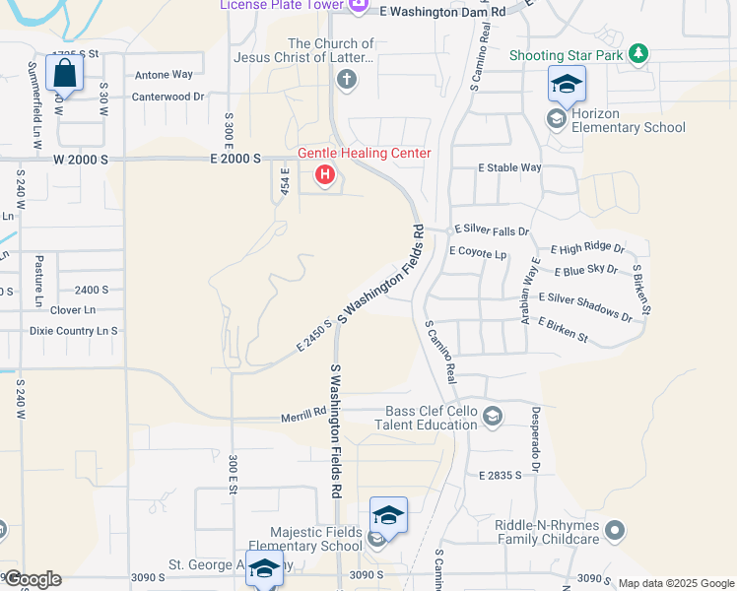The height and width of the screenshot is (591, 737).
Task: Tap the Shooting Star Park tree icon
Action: tap(639, 53)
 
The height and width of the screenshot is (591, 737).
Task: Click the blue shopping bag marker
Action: tap(64, 74)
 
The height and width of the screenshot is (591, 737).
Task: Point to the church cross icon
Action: tap(346, 82)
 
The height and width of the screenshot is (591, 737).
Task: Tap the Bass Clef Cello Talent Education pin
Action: tap(494, 417)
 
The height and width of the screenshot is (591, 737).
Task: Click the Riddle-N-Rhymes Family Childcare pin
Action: tap(615, 532)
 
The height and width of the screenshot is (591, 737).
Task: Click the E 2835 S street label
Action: tap(500, 476)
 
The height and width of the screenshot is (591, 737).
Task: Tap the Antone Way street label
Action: tap(164, 74)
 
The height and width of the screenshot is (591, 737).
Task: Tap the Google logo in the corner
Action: tap(32, 579)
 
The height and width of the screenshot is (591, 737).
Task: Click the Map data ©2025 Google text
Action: tap(676, 583)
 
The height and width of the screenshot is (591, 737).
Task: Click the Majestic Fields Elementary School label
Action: tap(304, 539)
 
